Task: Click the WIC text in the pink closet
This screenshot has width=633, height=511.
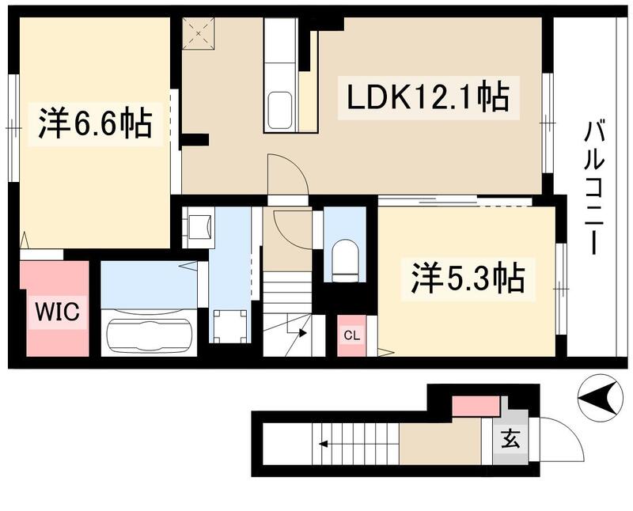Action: (55, 312)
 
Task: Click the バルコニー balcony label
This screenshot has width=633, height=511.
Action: (595, 187)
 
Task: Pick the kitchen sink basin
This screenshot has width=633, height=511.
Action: (279, 109)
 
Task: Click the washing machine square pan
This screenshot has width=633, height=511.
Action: (229, 325)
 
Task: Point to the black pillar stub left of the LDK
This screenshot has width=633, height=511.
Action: (195, 141)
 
